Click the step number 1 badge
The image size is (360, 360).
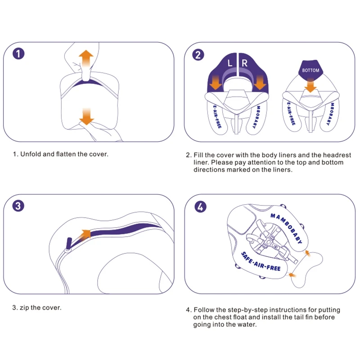coord(18,54)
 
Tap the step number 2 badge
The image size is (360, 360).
coord(198,54)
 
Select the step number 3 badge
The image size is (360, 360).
coord(18,206)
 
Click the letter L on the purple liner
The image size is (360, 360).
coord(229,63)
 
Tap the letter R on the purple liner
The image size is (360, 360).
coord(244,63)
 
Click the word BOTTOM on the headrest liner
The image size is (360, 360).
coord(310,71)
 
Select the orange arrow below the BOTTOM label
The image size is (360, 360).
coord(310,84)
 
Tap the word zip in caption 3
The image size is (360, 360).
coord(25,308)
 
